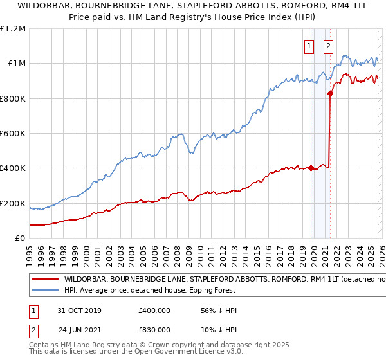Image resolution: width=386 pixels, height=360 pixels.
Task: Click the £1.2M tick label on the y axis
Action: tap(13, 29)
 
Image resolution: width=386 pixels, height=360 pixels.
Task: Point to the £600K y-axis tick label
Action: tap(13, 134)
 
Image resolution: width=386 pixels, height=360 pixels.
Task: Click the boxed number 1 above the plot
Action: tap(310, 46)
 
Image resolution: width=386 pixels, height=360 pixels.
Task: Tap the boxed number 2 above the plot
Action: tap(328, 46)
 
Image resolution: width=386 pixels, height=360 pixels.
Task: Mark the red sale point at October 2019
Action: tap(311, 168)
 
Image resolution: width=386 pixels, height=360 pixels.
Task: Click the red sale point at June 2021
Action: tap(330, 94)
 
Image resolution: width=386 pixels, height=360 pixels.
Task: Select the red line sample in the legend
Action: tap(45, 280)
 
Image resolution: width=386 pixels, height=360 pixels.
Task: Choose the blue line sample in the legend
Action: tap(45, 291)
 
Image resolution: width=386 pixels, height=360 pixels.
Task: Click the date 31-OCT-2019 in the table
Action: tap(80, 310)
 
